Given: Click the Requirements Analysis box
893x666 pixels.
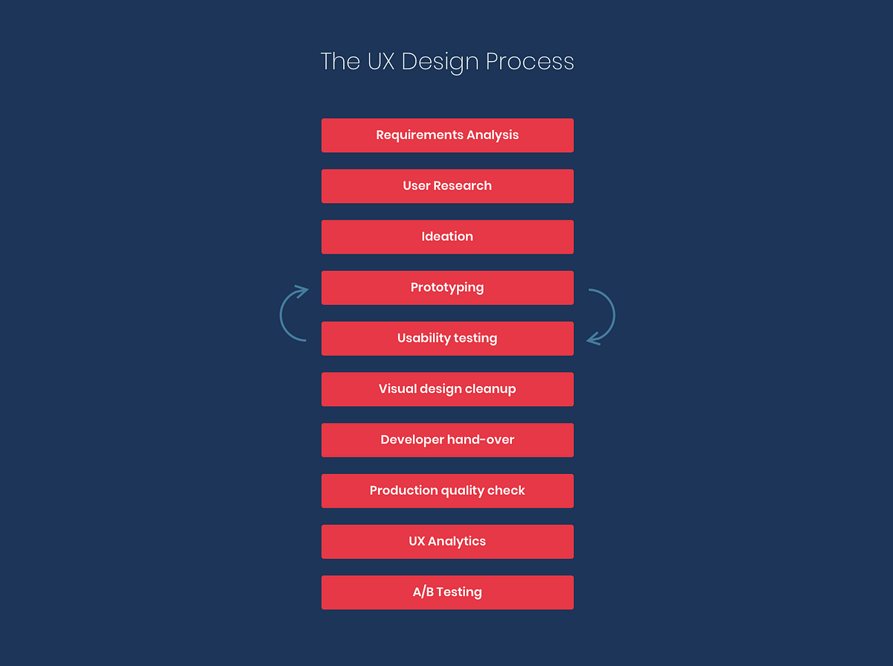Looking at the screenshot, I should click(447, 135).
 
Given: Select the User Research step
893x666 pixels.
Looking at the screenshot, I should click(447, 186).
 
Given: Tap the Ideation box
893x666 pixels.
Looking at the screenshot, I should click(447, 237).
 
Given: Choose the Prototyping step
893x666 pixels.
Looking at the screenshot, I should click(447, 287).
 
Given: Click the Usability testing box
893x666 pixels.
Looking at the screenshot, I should click(447, 339).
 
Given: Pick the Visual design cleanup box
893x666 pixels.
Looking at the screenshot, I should click(447, 389).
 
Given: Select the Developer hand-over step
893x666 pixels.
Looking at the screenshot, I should click(447, 440).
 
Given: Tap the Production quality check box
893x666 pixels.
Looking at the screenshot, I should click(447, 490).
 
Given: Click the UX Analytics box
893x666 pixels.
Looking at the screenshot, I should click(447, 542).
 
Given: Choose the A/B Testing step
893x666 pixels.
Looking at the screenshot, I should click(447, 592).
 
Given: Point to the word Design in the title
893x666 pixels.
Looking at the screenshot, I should click(441, 62).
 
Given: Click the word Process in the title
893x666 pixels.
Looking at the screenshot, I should click(530, 61).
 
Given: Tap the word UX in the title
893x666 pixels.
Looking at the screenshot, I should click(381, 61).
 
